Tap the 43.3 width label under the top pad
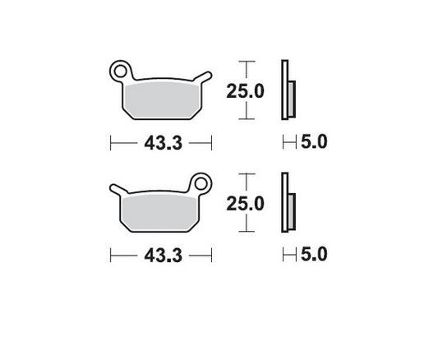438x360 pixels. point(160,142)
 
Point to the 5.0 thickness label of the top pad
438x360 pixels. point(314,142)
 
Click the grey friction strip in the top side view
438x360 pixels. point(292,99)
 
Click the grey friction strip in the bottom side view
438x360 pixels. point(292,212)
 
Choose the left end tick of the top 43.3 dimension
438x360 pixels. point(111,143)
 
